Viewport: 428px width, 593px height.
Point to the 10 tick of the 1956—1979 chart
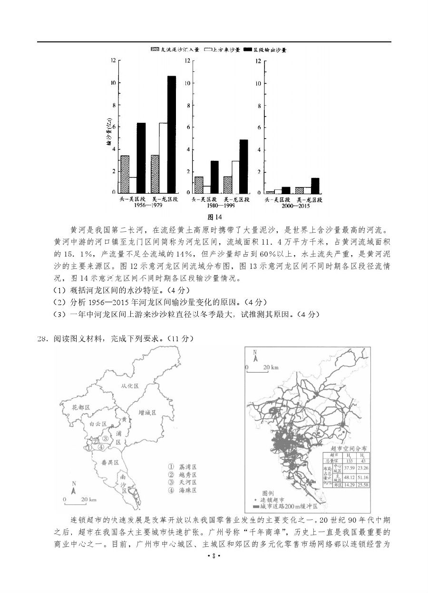tap(113, 83)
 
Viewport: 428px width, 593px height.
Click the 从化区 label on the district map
tap(129, 385)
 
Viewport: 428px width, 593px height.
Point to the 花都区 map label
tap(81, 408)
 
